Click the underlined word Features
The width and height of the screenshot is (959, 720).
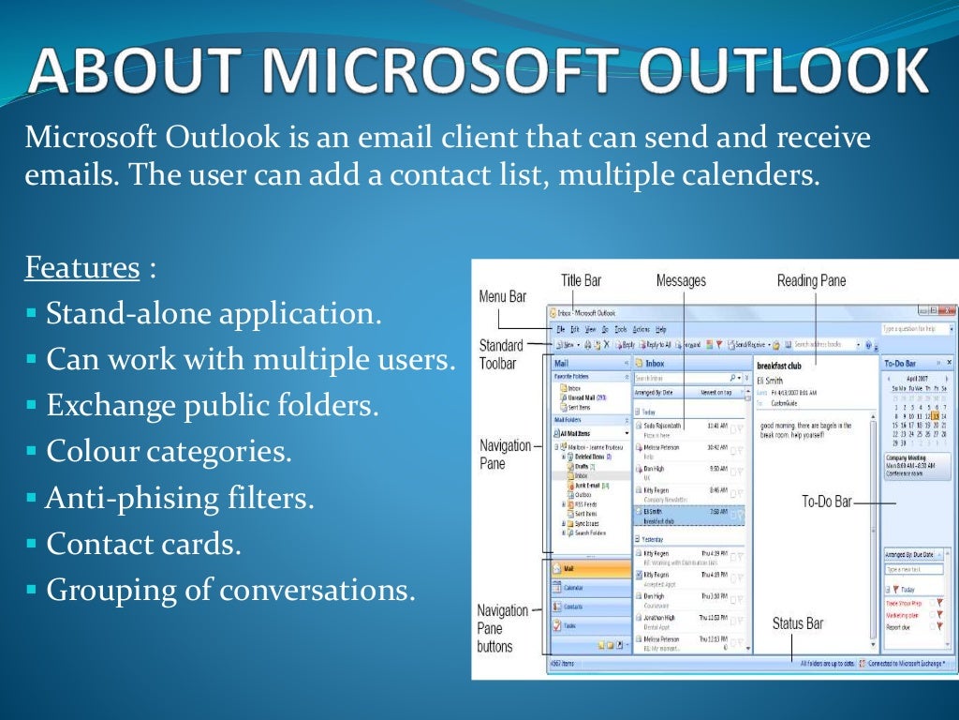point(81,268)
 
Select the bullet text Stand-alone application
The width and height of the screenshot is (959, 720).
point(214,313)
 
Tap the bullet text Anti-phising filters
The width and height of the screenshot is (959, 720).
point(179,498)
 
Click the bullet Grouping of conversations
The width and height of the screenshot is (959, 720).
point(229,590)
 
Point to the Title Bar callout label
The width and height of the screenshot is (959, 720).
point(581,280)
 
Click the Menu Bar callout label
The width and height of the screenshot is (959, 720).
point(503,297)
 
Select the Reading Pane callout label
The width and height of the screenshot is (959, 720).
point(811,280)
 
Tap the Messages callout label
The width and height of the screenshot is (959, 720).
point(681,280)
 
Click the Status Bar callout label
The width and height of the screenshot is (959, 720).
point(797,623)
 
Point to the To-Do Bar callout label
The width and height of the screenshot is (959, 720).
point(826,502)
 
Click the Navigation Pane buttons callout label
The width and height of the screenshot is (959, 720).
point(503,628)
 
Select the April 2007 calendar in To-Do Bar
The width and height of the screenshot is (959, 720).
point(917,403)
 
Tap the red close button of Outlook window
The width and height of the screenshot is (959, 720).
point(948,311)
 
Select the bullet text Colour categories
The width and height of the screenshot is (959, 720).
point(169,452)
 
